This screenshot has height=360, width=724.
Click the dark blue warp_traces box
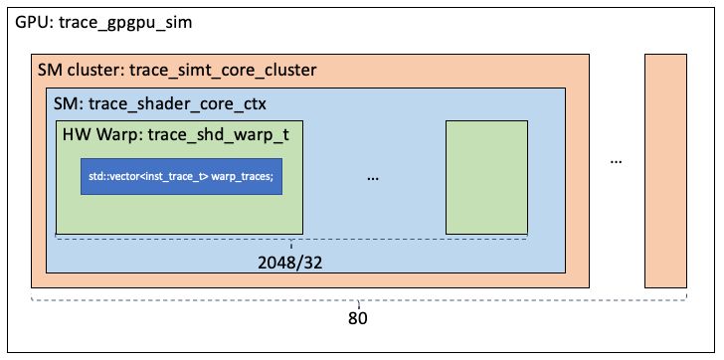tap(180, 177)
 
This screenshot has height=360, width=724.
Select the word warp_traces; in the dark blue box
tap(241, 177)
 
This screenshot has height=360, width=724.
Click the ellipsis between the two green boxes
tap(374, 176)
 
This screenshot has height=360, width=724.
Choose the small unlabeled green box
tap(486, 177)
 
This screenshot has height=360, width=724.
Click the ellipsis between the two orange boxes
tap(617, 159)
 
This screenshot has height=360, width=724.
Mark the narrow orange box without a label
tap(666, 170)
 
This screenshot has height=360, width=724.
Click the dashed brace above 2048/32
tap(290, 240)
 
